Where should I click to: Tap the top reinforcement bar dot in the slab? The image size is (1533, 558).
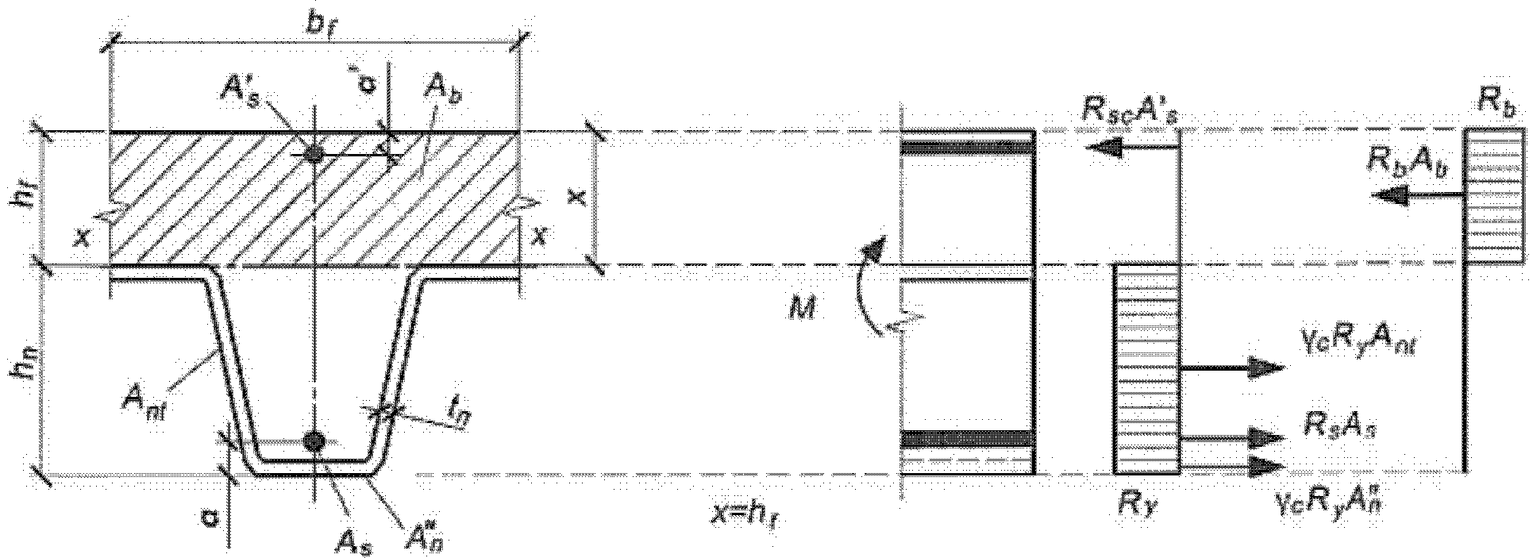(315, 154)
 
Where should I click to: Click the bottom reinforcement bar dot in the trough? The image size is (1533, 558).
(315, 441)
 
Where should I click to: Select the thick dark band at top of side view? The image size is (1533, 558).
(967, 147)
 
